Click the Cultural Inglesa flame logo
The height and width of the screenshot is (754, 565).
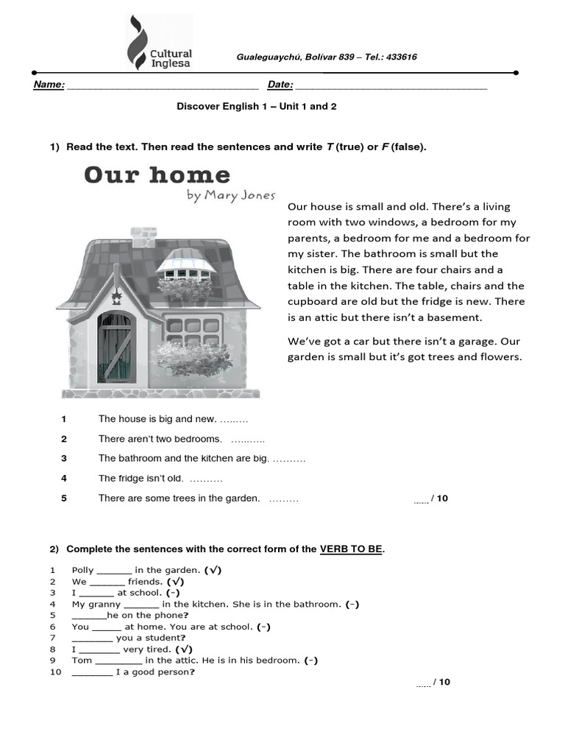(x=137, y=43)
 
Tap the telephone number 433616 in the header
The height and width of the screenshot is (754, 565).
(x=402, y=57)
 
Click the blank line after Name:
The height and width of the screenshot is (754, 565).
(x=162, y=86)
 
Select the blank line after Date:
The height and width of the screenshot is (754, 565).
(x=391, y=86)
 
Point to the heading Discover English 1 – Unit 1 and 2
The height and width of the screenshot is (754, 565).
(x=256, y=107)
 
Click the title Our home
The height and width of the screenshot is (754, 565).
(x=157, y=175)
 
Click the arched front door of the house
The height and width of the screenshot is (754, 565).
(x=116, y=348)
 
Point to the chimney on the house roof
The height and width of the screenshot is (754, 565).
(x=143, y=233)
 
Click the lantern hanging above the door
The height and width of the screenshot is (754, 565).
(x=116, y=297)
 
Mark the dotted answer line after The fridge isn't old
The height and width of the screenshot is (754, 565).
(x=196, y=479)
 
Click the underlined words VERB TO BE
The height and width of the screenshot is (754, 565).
(x=351, y=550)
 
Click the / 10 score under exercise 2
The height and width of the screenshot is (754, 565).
(x=441, y=683)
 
